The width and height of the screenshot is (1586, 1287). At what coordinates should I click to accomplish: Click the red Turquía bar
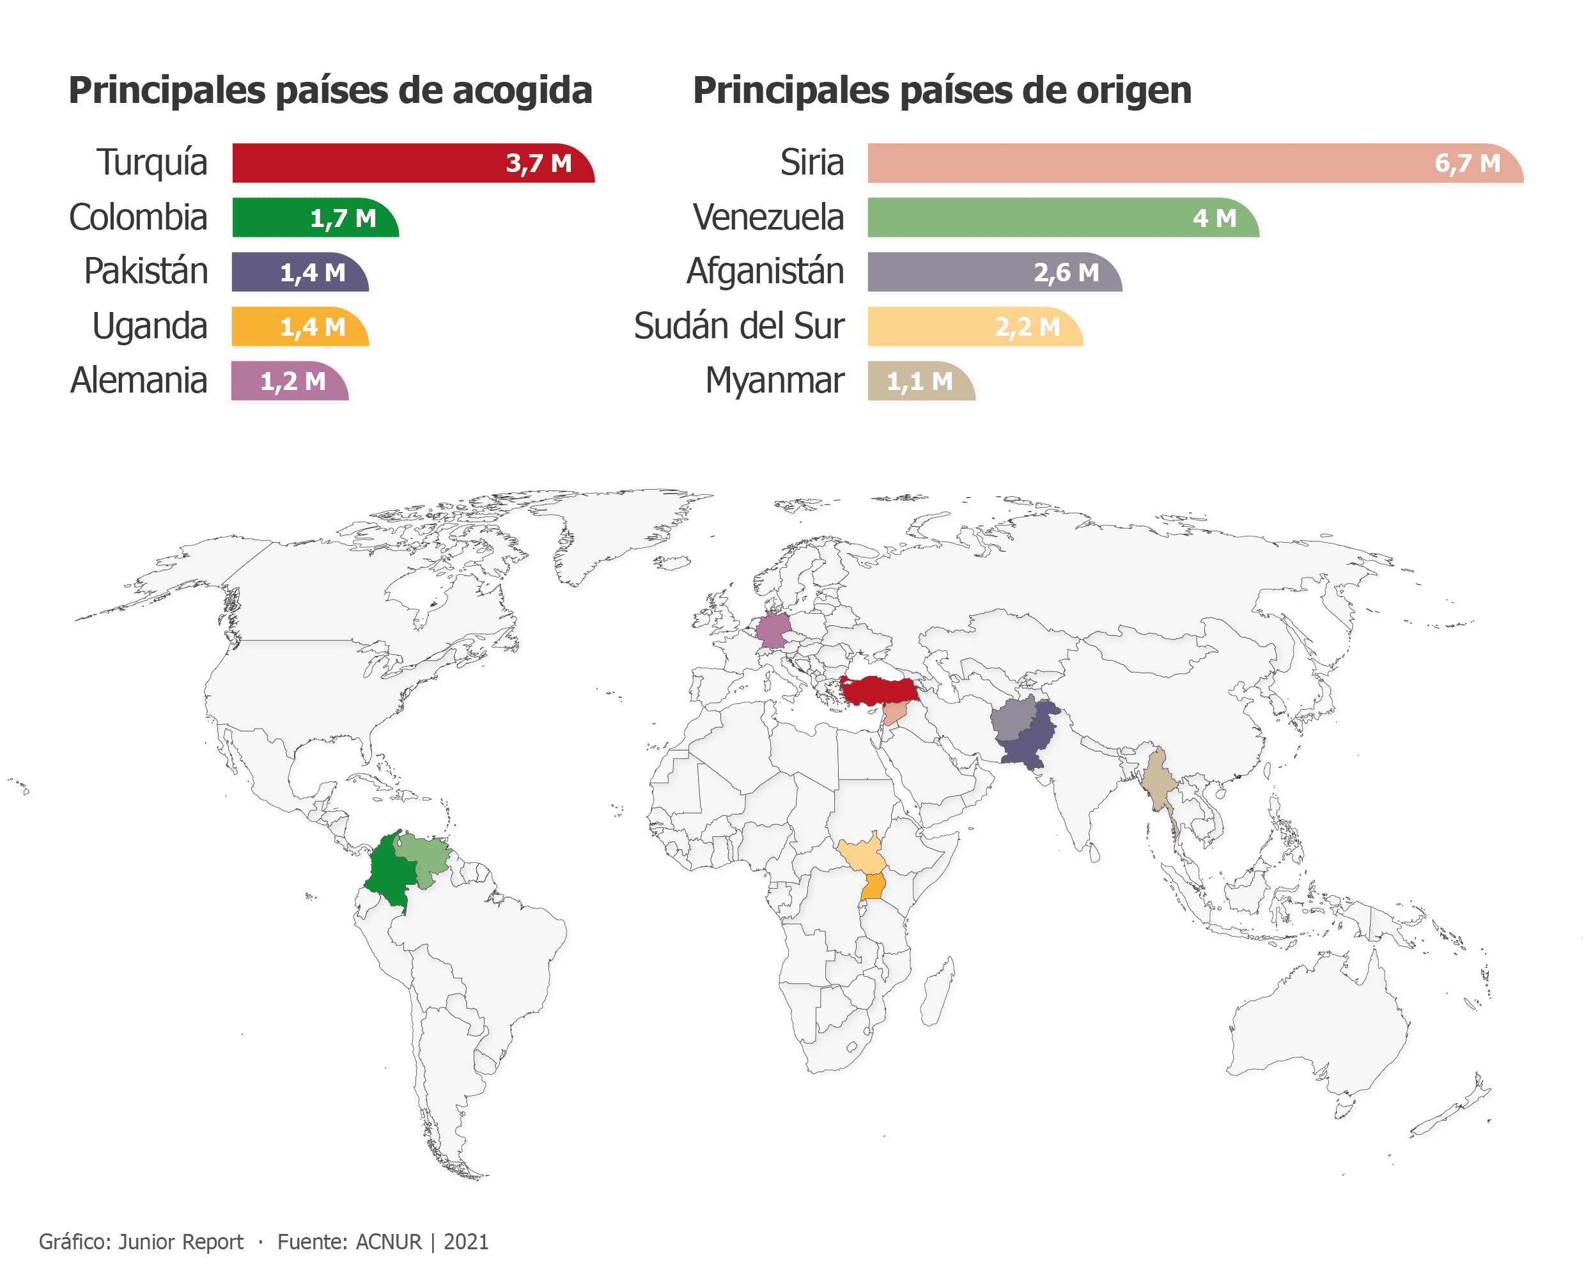(371, 163)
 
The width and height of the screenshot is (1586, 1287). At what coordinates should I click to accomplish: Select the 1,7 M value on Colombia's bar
(343, 219)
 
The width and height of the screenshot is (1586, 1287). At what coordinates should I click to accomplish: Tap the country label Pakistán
(146, 271)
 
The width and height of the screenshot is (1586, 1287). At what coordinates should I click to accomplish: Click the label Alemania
(139, 381)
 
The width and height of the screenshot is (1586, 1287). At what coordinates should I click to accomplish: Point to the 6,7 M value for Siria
(1468, 163)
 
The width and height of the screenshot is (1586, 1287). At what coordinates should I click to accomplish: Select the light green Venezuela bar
(1023, 218)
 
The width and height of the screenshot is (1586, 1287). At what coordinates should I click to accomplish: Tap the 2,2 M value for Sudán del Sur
(1027, 327)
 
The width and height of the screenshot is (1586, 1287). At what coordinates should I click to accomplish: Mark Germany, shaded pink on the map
(772, 630)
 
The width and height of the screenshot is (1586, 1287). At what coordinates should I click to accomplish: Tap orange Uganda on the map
(874, 887)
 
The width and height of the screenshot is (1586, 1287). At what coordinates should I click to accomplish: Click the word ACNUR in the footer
(389, 1242)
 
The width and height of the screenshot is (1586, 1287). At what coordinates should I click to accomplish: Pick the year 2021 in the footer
(466, 1242)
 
